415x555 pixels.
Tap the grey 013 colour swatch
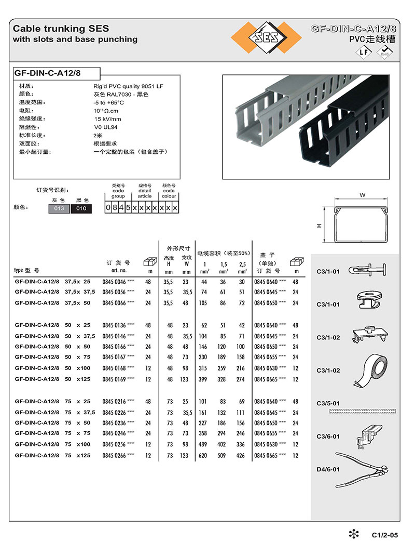tap(59, 208)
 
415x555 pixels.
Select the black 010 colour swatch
tap(81, 208)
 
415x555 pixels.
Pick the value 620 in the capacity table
tap(204, 455)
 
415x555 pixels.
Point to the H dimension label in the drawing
tap(320, 225)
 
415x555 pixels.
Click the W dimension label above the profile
tap(362, 195)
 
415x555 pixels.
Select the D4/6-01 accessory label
tap(328, 469)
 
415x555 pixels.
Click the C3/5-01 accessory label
tap(328, 403)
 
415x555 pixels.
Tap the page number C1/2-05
tap(384, 535)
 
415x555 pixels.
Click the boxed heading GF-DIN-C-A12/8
tap(48, 73)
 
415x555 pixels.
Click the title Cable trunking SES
tap(61, 29)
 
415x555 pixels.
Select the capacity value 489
tap(204, 444)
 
